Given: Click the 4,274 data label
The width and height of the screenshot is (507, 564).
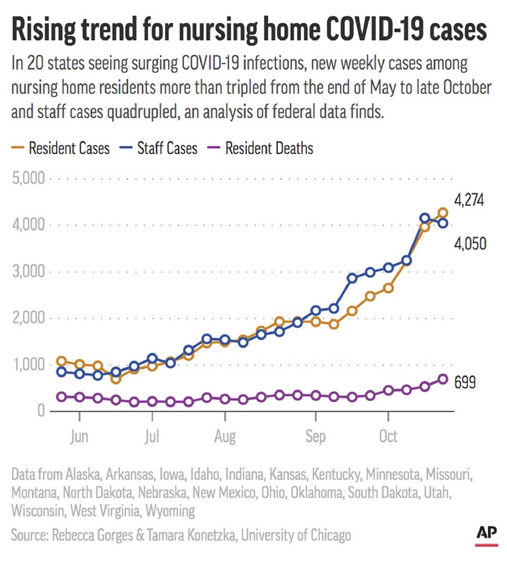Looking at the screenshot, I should pyautogui.click(x=469, y=199).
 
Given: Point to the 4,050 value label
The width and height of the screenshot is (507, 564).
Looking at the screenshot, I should pyautogui.click(x=470, y=244).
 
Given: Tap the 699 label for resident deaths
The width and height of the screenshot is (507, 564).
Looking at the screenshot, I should pyautogui.click(x=465, y=382).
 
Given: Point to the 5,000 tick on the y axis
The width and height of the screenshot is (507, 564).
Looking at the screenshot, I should pyautogui.click(x=28, y=178).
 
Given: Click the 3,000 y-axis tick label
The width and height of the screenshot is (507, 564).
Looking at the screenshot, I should pyautogui.click(x=28, y=271).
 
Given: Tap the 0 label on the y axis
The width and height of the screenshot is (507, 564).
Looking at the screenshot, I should pyautogui.click(x=41, y=411).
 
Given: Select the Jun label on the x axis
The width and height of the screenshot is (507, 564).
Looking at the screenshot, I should pyautogui.click(x=79, y=436).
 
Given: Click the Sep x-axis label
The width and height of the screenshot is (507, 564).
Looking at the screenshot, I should pyautogui.click(x=316, y=436).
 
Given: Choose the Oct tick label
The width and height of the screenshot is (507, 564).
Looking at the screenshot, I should pyautogui.click(x=388, y=436).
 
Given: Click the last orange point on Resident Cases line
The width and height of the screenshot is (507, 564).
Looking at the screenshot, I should pyautogui.click(x=443, y=213).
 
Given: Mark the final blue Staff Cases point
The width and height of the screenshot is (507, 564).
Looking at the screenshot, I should pyautogui.click(x=443, y=223).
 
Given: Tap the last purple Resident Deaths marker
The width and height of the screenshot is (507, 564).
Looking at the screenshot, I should pyautogui.click(x=443, y=379).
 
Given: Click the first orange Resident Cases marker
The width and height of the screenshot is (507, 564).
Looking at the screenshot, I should pyautogui.click(x=62, y=361).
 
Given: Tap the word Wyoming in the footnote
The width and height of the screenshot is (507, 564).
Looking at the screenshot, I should pyautogui.click(x=170, y=511).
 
